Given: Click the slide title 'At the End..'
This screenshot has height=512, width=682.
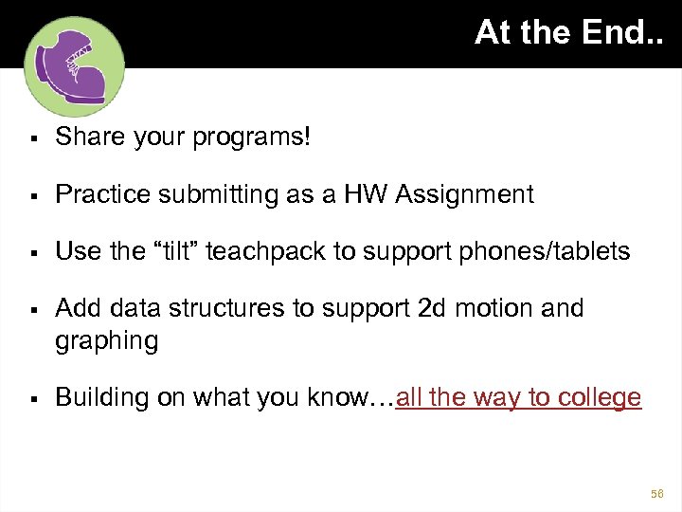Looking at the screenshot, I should pos(568,33).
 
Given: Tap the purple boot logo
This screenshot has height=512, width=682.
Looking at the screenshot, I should pos(73,66).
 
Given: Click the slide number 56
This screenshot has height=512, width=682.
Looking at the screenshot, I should pos(658,494).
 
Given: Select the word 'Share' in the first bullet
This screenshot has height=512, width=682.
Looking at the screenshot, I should pos(84,137).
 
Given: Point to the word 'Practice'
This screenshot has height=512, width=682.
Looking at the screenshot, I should pos(96,194).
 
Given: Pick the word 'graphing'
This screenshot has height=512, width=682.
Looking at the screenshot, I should pos(107,341).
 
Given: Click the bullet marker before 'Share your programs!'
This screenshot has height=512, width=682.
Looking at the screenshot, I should pos(33,138).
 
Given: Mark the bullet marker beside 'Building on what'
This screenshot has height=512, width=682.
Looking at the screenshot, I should pos(33,398).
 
